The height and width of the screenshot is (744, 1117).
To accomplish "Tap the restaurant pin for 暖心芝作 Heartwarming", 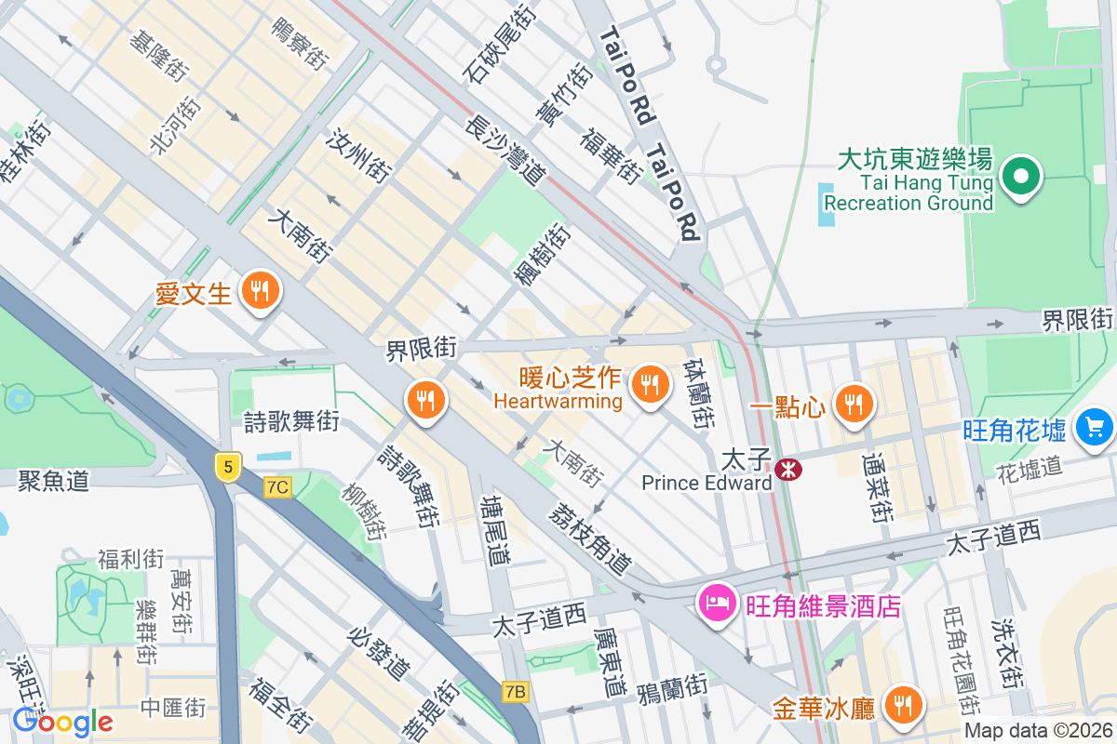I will tap(649, 383).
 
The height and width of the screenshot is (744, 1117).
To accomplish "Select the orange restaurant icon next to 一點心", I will tap(852, 403).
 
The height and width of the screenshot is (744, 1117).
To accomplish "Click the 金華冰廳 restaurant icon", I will tap(901, 705).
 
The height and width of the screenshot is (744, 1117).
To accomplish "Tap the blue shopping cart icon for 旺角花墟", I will tap(1094, 427).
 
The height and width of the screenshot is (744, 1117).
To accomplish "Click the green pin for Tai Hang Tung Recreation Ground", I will tap(1021, 175).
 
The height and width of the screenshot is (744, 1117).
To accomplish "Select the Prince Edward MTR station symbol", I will tap(788, 471).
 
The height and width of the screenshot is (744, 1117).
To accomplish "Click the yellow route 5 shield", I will tap(226, 466).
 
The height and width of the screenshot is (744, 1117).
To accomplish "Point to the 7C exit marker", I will tap(277, 486).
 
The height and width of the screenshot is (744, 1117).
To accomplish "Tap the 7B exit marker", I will tap(515, 691).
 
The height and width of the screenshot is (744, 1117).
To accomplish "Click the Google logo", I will tap(62, 721).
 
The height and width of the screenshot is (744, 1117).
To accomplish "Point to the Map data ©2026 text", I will tap(1037, 731).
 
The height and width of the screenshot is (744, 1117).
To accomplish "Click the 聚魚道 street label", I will tap(53, 481).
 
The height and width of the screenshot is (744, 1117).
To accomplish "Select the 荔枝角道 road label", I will tap(590, 538).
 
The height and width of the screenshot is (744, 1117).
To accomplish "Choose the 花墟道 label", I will tap(1029, 467).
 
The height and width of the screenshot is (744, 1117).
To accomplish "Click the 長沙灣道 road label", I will tap(505, 149).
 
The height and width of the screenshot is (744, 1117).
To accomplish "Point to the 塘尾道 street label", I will tap(495, 530).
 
